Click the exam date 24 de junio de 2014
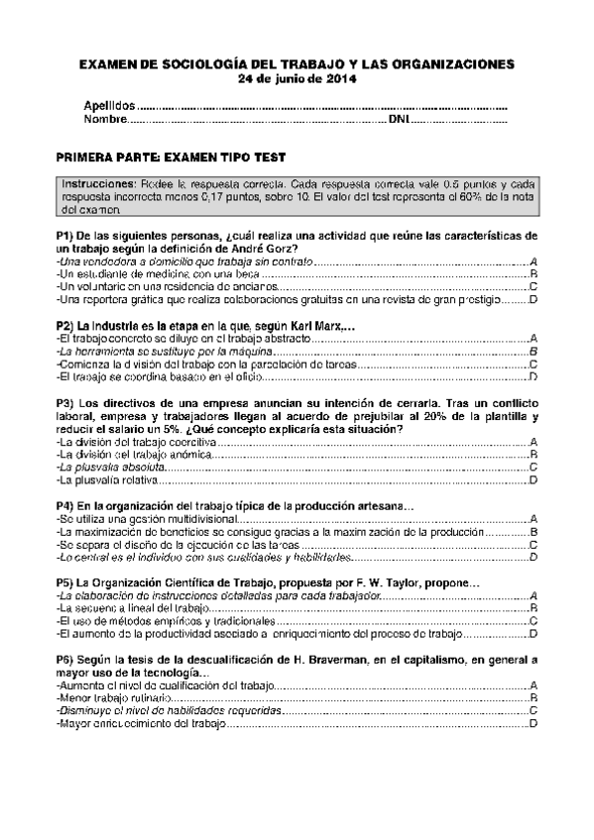297,78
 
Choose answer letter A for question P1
533,260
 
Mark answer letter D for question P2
533,377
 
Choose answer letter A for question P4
533,519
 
